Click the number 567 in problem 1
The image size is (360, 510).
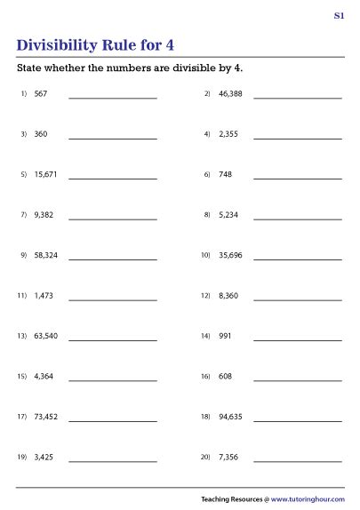point(41,93)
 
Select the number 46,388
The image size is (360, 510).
point(229,93)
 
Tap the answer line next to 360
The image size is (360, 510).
point(112,138)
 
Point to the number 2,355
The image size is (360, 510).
point(228,134)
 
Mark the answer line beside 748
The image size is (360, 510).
point(297,179)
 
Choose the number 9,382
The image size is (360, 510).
point(44,215)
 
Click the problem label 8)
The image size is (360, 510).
point(206,215)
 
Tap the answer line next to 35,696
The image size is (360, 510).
point(297,259)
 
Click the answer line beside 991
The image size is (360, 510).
point(297,340)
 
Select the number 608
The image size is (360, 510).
point(224,376)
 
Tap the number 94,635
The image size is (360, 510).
point(229,417)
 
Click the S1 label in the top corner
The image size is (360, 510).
point(339,16)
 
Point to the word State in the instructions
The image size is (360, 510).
point(29,68)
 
